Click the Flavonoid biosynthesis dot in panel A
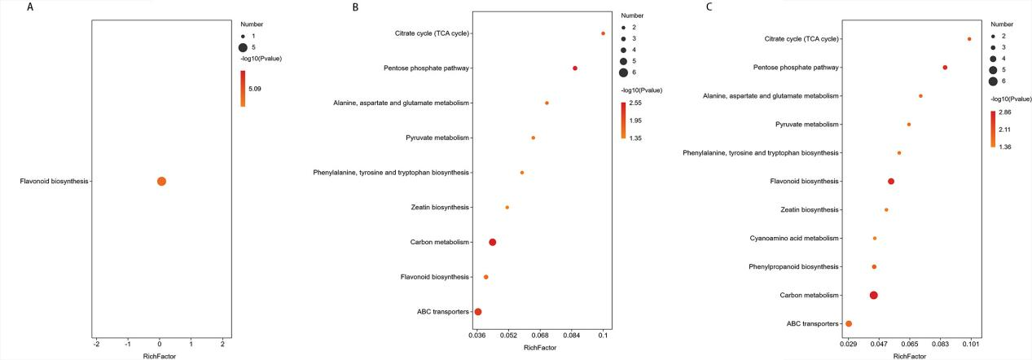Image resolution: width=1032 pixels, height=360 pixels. point(161,181)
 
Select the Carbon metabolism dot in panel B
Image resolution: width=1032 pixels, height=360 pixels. point(493,242)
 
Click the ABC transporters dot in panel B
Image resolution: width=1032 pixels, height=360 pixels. point(478,312)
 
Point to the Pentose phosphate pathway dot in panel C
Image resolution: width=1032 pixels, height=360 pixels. point(945,68)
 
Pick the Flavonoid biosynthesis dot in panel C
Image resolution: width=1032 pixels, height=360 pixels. point(891,182)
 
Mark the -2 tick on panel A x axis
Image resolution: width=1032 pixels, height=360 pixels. point(97,344)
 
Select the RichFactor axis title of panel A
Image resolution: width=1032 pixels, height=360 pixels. point(159,356)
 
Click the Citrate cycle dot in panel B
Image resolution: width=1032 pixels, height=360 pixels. point(603,33)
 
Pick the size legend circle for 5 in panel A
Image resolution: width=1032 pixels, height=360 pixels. point(243,48)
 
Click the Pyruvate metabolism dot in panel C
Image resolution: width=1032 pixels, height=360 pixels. point(909,125)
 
